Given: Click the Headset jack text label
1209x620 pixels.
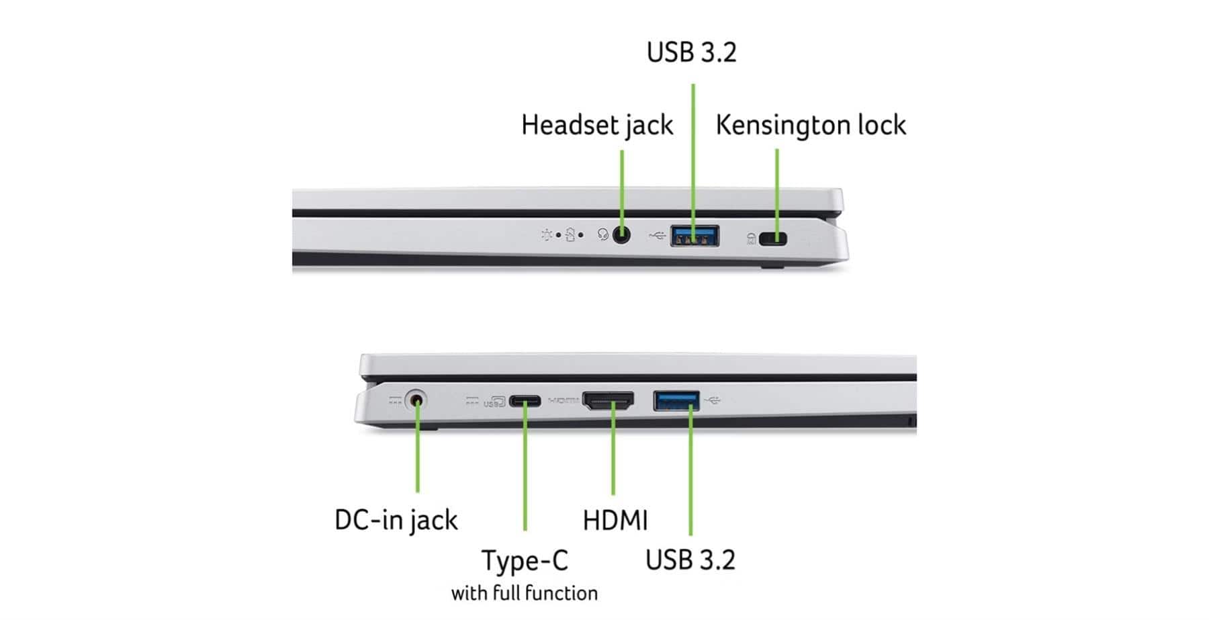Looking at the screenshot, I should coord(596,126).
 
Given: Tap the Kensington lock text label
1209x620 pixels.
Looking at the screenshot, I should coord(810,126).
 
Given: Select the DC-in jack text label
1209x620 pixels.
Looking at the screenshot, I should coord(396,520).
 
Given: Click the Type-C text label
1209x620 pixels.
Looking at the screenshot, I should coord(525,561).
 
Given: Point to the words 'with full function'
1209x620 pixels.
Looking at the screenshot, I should coord(524,593).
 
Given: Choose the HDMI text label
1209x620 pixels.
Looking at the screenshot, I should coord(615,521).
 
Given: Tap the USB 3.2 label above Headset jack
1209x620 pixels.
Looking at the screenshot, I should coord(691,52).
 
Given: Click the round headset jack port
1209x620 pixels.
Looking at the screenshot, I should coord(622,235).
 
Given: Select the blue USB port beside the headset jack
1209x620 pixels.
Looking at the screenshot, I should coord(695,236).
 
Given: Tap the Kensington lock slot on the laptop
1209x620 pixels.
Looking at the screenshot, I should coord(773,238).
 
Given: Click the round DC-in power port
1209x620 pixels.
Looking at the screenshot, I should coord(417,401).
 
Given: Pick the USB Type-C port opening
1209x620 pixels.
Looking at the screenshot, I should coord(525,402).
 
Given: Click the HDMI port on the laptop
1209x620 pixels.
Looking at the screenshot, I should coord(608,401).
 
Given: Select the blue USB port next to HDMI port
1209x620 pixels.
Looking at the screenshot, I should coord(676,400).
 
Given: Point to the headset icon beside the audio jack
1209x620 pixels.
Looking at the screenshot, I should coord(602,235).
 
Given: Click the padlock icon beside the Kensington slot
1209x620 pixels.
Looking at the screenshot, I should coord(751,238).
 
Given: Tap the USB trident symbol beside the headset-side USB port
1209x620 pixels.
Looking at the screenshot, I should coord(657,235).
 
